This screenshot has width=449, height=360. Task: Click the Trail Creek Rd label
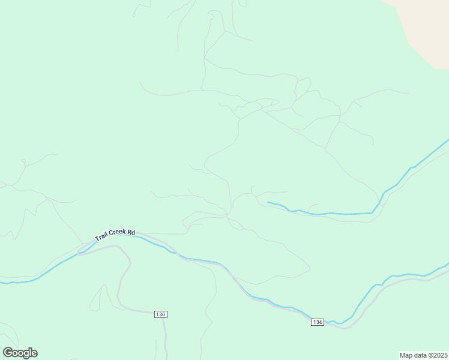[x=115, y=235]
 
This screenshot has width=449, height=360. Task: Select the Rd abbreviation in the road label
[x=131, y=232]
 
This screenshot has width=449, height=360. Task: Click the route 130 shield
[x=160, y=314]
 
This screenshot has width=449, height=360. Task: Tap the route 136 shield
[x=318, y=322]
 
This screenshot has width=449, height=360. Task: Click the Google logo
[x=20, y=353]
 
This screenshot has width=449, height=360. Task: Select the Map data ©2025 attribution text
[x=423, y=355]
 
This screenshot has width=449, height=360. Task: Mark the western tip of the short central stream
[x=268, y=203]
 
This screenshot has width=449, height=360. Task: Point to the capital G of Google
[x=8, y=353]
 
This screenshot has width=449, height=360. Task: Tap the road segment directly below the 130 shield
[x=164, y=330]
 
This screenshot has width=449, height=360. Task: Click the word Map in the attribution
[x=406, y=355]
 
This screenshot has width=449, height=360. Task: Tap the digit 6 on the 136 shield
[x=321, y=322]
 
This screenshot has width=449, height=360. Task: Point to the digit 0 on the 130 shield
[x=163, y=314]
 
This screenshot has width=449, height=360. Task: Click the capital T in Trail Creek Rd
[x=96, y=239]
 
